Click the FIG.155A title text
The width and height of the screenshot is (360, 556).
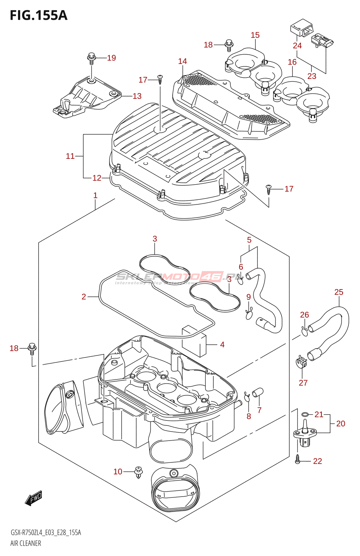click(39, 15)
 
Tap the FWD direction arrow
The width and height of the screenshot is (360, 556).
click(34, 498)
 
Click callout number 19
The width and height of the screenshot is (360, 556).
click(112, 58)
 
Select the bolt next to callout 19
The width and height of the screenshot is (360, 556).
click(91, 58)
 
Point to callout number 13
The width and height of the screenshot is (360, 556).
click(137, 96)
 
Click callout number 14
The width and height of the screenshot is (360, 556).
click(182, 62)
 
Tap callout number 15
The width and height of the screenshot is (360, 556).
click(255, 35)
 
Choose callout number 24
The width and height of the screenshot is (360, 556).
click(297, 46)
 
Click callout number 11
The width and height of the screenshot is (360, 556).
click(70, 156)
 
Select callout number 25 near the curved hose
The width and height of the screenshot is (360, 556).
click(339, 292)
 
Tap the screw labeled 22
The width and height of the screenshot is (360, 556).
click(297, 459)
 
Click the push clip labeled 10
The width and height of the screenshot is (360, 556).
click(138, 472)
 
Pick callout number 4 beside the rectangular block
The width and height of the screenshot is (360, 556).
click(222, 345)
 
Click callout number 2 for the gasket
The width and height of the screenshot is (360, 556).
click(84, 297)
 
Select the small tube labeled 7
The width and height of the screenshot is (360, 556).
click(257, 393)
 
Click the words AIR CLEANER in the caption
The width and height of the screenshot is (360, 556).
click(26, 543)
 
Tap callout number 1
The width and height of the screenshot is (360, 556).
click(95, 196)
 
